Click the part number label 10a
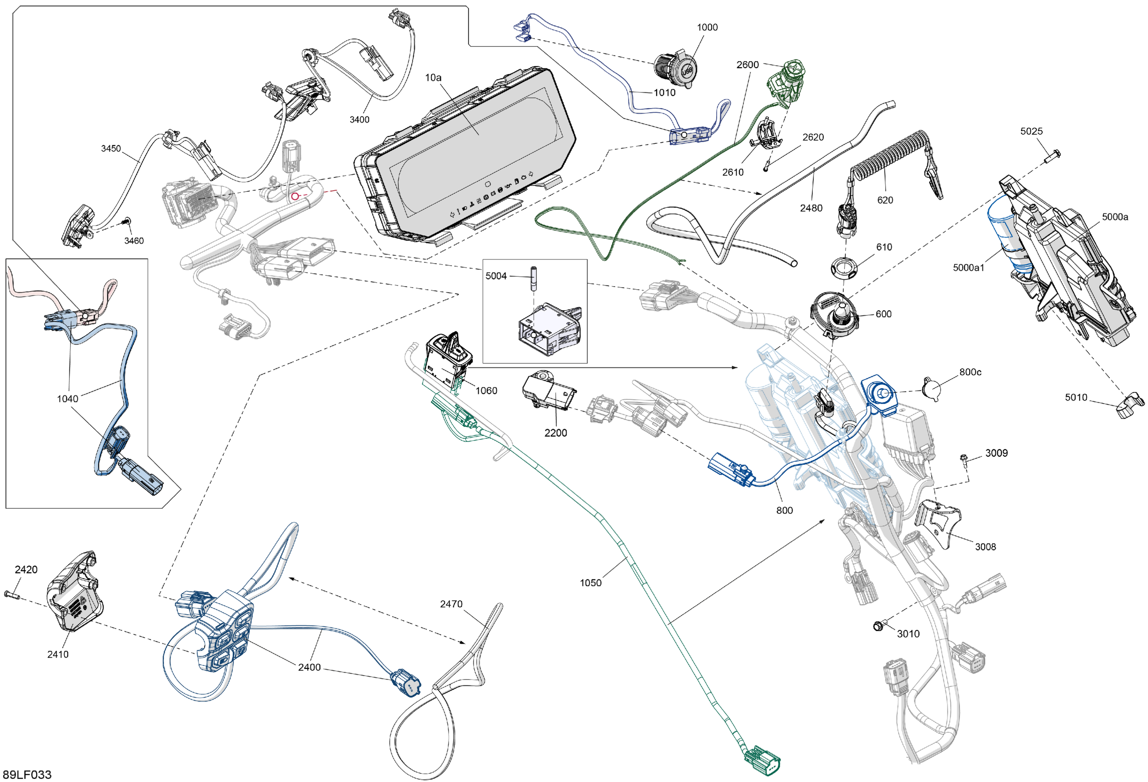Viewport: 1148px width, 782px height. [433, 78]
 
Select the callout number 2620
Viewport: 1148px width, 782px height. [812, 137]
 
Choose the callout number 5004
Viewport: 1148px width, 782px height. [496, 276]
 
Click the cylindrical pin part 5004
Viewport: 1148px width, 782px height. [533, 279]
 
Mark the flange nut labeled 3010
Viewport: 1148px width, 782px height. [878, 626]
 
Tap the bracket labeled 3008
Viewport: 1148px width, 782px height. [938, 523]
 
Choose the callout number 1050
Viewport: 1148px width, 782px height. [590, 583]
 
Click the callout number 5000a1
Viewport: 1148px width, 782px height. [968, 268]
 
